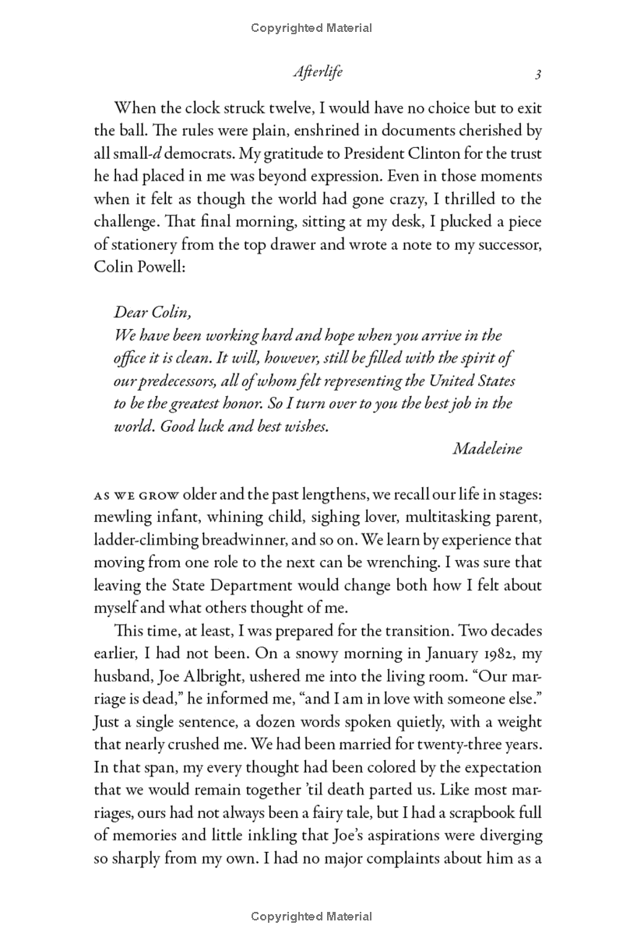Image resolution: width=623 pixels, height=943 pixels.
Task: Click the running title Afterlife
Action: pyautogui.click(x=318, y=72)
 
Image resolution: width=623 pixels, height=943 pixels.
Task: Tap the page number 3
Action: pyautogui.click(x=537, y=73)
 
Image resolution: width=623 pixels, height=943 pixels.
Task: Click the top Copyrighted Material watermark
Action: pyautogui.click(x=311, y=28)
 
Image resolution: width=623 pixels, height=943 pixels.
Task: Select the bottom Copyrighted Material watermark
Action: pyautogui.click(x=311, y=917)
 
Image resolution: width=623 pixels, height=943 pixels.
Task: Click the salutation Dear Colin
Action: pyautogui.click(x=151, y=313)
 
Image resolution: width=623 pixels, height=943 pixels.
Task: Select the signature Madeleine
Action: pyautogui.click(x=487, y=448)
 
